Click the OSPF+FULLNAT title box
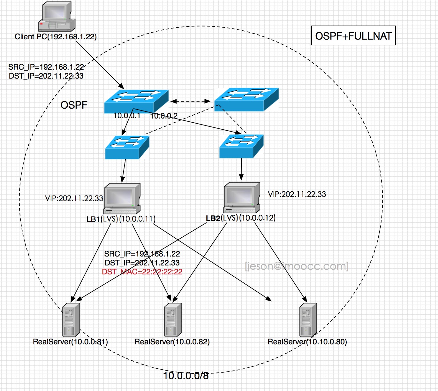coord(353,36)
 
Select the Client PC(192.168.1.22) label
coord(56,37)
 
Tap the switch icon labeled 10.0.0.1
coord(136,101)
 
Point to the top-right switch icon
coord(246,99)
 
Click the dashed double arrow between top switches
coord(190,101)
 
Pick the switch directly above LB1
coord(127,147)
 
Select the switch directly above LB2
coord(241,146)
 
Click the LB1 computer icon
coord(122,199)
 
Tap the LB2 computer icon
coord(242,197)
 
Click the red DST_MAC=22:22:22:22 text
coord(142,272)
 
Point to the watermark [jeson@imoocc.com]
coord(297,266)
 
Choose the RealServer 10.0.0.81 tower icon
coord(71,320)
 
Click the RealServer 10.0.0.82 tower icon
coord(173,320)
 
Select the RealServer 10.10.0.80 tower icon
coord(308,320)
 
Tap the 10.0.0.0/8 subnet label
coord(186,376)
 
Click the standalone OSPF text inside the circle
coord(74,105)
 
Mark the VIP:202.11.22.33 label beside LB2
coord(297,194)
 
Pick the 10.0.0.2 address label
coord(164,116)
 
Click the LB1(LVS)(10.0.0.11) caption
coord(121,219)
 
